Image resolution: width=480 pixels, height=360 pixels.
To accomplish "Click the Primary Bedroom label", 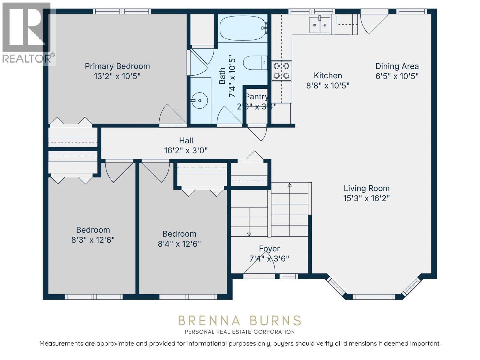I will (117, 66).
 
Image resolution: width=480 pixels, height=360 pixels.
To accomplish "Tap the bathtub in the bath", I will (242, 28).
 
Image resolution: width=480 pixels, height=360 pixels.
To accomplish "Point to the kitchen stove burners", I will (281, 71).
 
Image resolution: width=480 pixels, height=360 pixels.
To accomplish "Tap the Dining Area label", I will (397, 66).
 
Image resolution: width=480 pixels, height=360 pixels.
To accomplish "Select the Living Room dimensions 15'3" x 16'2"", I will (366, 198).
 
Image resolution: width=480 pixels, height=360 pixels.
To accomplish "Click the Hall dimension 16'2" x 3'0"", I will (186, 150).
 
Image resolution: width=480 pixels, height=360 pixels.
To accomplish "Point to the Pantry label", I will (256, 97).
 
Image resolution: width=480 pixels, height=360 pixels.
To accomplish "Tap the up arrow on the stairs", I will (289, 185).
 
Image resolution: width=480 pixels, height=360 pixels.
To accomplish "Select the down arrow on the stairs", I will (249, 234).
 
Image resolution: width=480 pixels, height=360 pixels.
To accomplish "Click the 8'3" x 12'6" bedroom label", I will (93, 235).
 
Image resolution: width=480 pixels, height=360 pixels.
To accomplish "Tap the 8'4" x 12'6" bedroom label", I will (179, 239).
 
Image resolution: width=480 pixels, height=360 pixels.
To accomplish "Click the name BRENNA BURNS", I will (239, 321).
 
